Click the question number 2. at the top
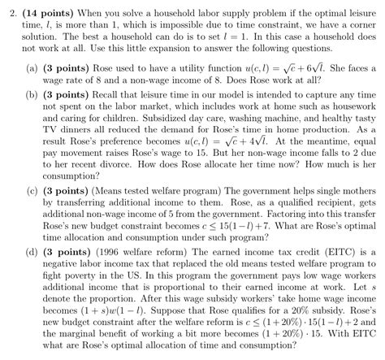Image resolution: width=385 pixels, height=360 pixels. [10, 8]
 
